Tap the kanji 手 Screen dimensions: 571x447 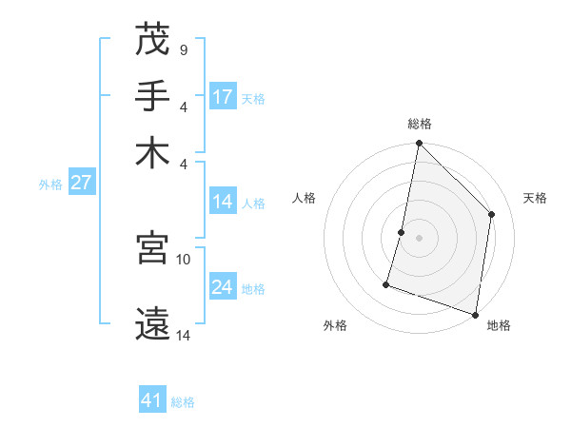click(x=152, y=96)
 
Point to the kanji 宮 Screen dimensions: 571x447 click(x=152, y=249)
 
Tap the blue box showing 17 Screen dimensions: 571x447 click(x=223, y=97)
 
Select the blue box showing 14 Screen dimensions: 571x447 click(x=223, y=202)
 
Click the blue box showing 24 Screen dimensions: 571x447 click(x=223, y=287)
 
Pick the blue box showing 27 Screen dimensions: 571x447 click(x=81, y=184)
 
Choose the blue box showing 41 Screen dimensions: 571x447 click(x=152, y=400)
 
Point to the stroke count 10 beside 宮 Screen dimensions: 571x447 click(x=184, y=259)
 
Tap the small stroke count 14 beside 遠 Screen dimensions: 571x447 click(x=184, y=334)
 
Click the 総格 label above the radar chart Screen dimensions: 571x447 click(x=420, y=124)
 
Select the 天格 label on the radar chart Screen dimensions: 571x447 click(x=535, y=198)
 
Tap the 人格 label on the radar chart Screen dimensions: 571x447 click(x=305, y=198)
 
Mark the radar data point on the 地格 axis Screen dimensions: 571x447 click(x=475, y=314)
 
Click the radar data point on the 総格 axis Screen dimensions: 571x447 click(x=419, y=144)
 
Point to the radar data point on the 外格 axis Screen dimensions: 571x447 click(x=386, y=283)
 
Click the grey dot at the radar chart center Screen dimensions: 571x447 click(x=419, y=238)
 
